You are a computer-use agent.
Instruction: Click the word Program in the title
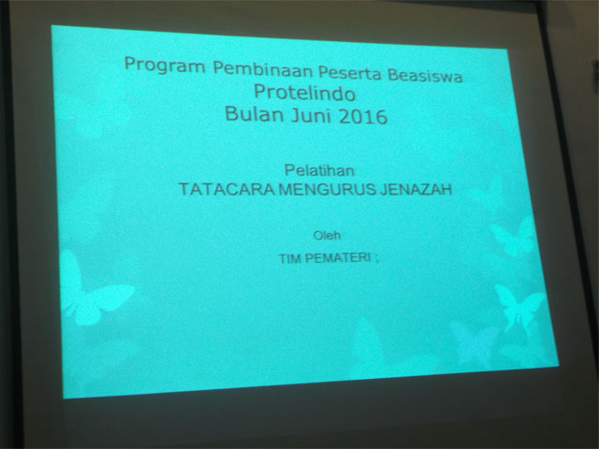165,65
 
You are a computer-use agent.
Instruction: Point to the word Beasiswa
425,75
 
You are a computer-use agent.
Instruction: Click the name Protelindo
305,93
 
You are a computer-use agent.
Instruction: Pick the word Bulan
254,114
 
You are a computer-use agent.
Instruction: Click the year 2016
363,117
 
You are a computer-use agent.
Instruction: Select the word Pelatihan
319,170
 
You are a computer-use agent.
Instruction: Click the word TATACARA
226,189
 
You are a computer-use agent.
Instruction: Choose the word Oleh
327,235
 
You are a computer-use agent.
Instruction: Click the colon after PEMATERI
376,259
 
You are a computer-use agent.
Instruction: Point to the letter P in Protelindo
260,92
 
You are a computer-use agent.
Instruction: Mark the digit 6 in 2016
382,118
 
